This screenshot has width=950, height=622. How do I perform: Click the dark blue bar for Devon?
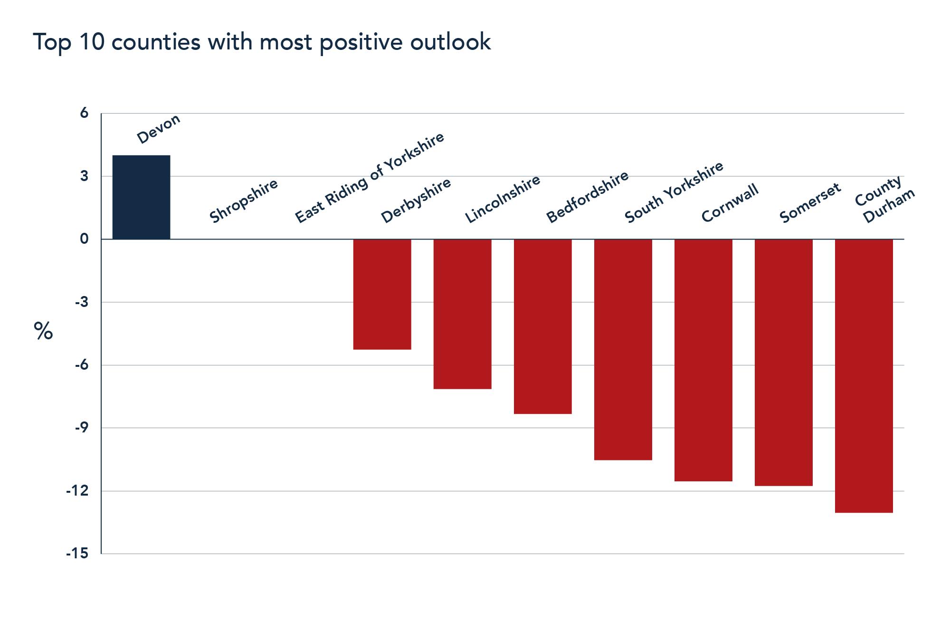tap(141, 197)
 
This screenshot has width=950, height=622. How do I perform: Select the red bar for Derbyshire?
tap(382, 294)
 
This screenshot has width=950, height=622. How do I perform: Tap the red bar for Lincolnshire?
tap(462, 314)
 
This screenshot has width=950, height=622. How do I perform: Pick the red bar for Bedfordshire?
tap(542, 326)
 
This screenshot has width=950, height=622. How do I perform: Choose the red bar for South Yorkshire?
tap(623, 349)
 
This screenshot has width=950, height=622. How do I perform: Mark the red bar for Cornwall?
tap(703, 360)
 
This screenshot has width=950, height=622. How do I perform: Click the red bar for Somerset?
tap(783, 362)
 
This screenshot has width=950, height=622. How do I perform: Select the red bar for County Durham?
tap(864, 375)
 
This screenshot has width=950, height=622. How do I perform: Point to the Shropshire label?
tap(243, 201)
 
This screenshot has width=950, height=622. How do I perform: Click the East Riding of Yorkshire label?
tap(369, 178)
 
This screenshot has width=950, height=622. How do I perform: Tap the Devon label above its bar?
tap(158, 129)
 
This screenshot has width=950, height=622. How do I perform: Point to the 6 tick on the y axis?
tap(84, 113)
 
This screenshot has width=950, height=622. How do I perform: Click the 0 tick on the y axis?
tap(84, 239)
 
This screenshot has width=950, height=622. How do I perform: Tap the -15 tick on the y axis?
tap(77, 554)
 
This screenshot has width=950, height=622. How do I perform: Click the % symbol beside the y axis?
tap(43, 331)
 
